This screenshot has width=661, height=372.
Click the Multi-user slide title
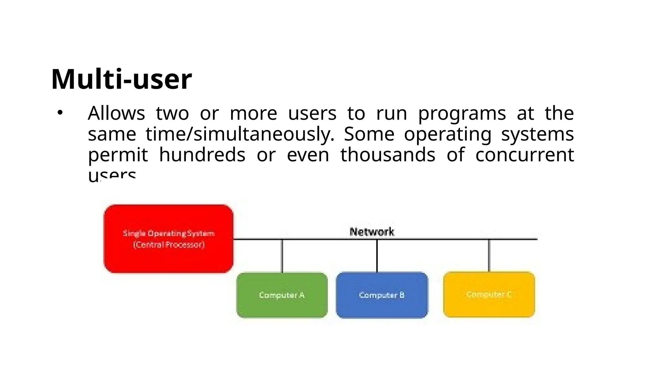click(x=121, y=79)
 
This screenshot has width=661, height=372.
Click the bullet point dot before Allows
click(x=60, y=113)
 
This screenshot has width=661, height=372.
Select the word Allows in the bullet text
click(x=116, y=113)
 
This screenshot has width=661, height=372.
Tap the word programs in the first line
click(x=462, y=114)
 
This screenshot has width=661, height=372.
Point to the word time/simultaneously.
click(x=240, y=134)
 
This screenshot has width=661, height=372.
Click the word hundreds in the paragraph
click(x=202, y=155)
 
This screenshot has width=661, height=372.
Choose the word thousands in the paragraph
click(x=388, y=155)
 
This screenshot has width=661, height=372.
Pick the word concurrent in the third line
click(x=524, y=155)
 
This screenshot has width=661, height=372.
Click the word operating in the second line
click(x=447, y=134)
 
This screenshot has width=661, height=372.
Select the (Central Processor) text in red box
click(x=169, y=244)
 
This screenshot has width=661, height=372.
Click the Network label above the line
click(x=372, y=232)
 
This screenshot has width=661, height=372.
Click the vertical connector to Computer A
click(x=282, y=256)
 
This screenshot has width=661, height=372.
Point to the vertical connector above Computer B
click(x=377, y=256)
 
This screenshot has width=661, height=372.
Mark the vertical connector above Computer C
click(x=489, y=255)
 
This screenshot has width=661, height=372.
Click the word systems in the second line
click(x=537, y=134)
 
